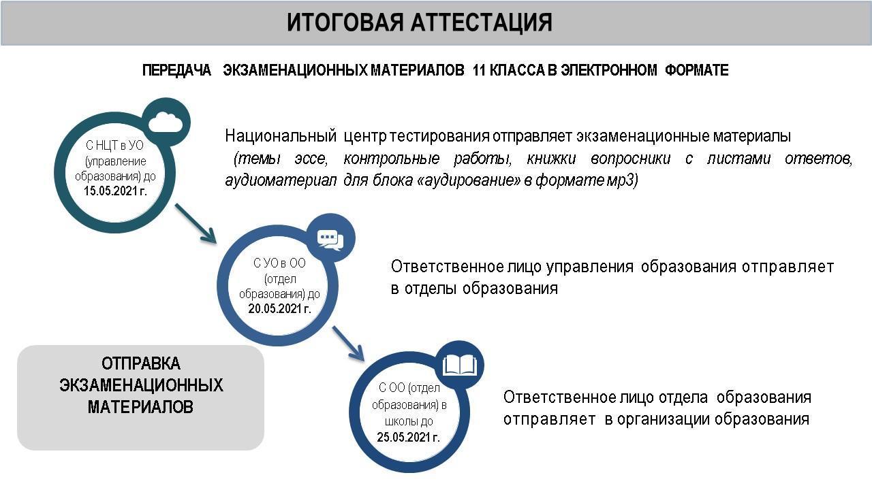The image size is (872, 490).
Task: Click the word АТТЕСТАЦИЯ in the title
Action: point(482,22)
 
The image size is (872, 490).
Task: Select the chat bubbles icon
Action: point(330,240)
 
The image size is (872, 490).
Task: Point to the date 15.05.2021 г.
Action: point(115,191)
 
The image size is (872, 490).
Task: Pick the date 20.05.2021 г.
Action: point(279,308)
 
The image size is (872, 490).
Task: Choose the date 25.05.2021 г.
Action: point(408,437)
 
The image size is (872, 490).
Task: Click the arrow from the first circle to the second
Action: point(196,224)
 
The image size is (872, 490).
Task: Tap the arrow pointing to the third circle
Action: point(348,344)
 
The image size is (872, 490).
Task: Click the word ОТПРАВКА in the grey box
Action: point(141,363)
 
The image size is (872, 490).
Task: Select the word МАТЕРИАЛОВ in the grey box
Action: point(140,407)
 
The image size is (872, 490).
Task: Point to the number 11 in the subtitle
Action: point(479,70)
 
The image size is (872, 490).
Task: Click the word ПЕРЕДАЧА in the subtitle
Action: point(176,70)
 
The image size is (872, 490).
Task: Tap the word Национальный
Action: point(281,136)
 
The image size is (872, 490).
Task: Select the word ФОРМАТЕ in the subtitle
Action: point(697,70)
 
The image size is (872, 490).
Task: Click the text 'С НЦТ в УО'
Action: point(115,146)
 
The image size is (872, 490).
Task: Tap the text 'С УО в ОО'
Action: point(279,263)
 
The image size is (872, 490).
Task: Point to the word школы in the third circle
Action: point(399,421)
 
